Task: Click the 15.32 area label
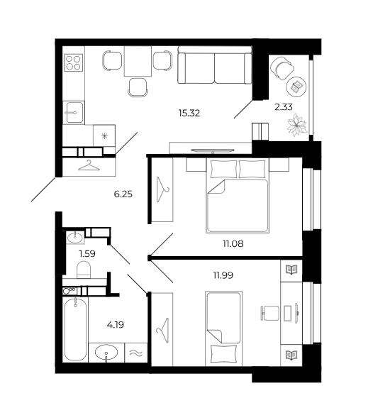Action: click(x=189, y=113)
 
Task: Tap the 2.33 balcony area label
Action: click(x=284, y=107)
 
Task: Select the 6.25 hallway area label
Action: click(x=123, y=194)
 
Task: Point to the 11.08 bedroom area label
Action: click(x=233, y=244)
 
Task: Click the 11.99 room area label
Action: click(x=223, y=275)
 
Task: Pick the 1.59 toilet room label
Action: click(x=87, y=253)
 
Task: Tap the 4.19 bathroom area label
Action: click(x=116, y=325)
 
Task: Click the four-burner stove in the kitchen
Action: click(x=73, y=62)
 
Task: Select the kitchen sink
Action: click(x=73, y=113)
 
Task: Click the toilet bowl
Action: click(x=84, y=270)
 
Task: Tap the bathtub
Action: click(x=75, y=329)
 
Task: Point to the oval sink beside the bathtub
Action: click(x=106, y=352)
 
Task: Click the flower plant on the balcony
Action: click(x=297, y=126)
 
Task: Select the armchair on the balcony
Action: click(x=282, y=68)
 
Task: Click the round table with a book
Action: click(x=296, y=87)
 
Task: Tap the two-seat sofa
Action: click(x=215, y=65)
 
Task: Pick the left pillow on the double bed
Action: click(x=224, y=169)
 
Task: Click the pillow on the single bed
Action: click(x=224, y=353)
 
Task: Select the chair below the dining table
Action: click(x=138, y=87)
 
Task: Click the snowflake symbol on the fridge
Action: click(x=104, y=136)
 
